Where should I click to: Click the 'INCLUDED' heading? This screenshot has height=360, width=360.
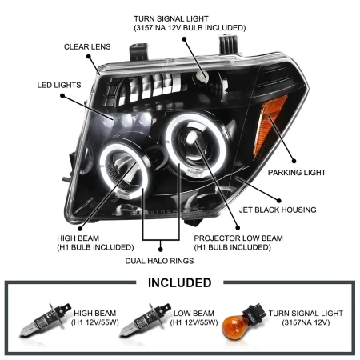click(180, 282)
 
